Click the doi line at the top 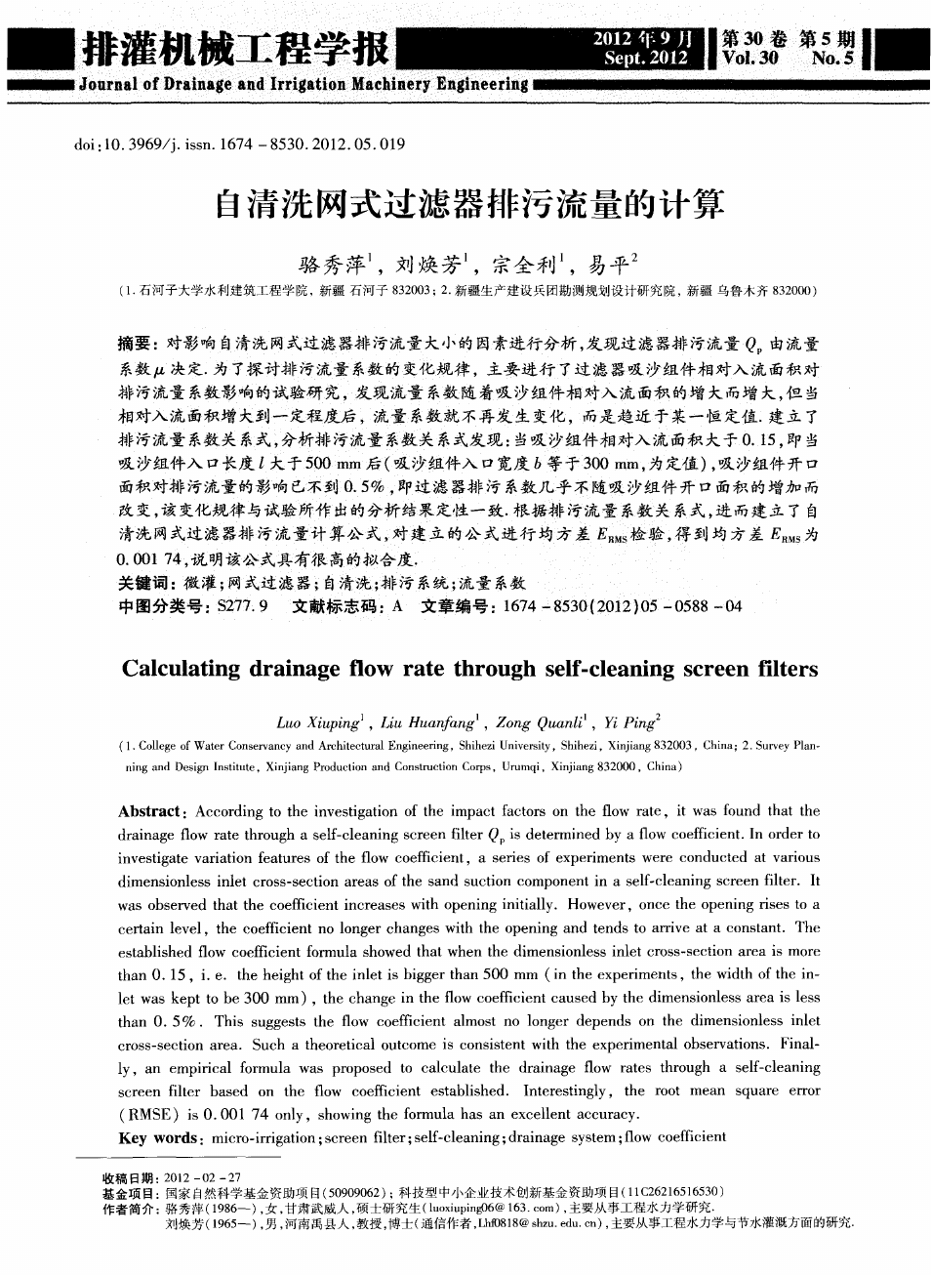point(239,145)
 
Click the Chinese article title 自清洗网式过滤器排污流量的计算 point(468,206)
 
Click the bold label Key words point(157,1137)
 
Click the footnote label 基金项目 point(128,1193)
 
